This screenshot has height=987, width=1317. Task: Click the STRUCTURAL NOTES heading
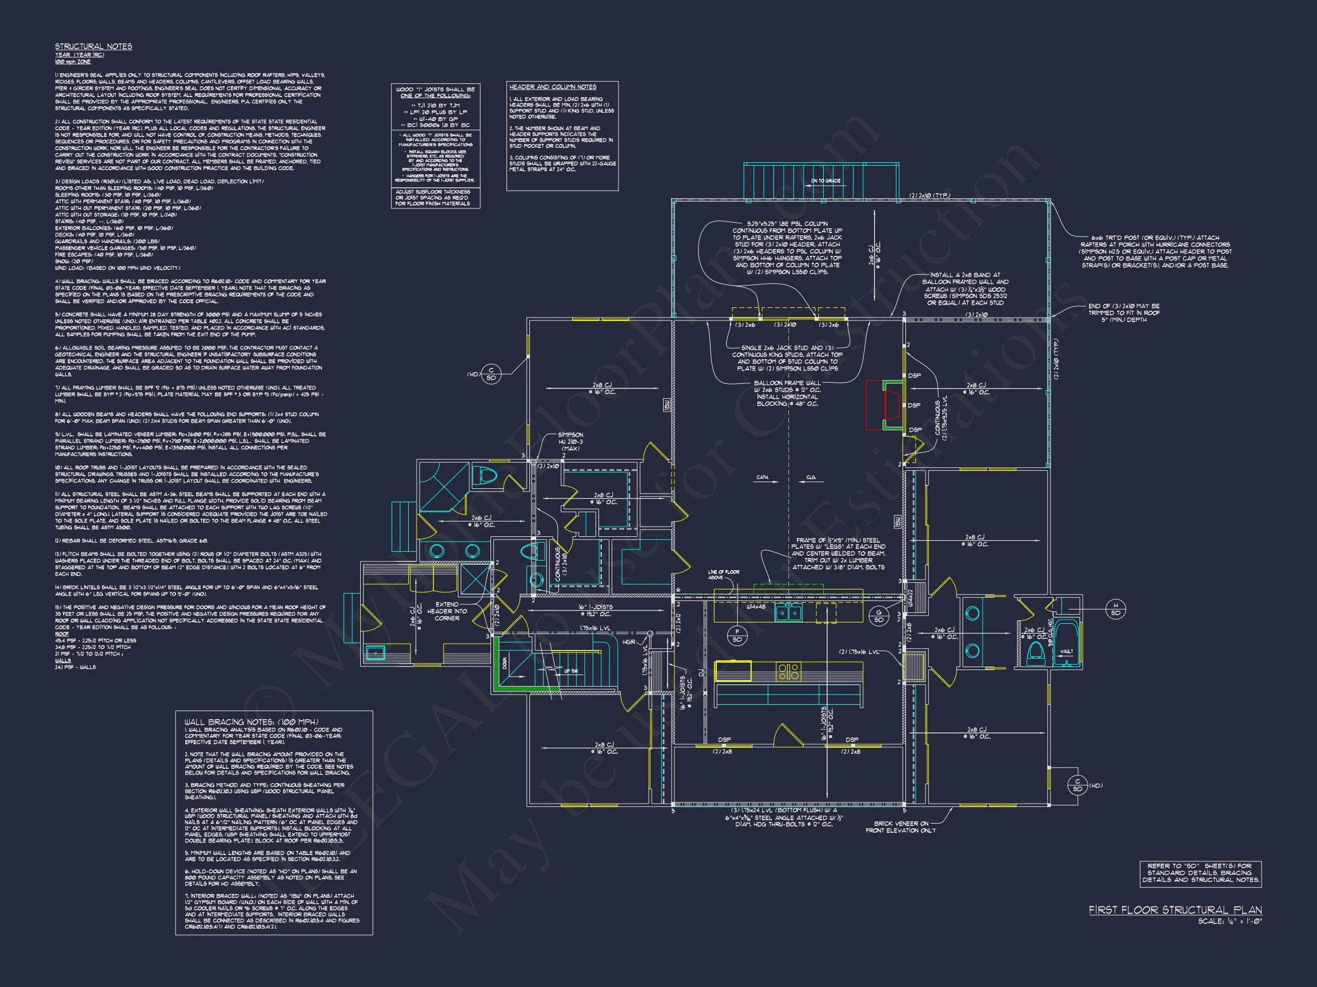pos(94,46)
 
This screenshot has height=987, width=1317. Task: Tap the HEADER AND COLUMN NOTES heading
pos(553,87)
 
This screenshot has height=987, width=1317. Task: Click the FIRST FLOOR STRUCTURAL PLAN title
pos(1175,910)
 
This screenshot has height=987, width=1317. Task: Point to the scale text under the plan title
pos(1230,921)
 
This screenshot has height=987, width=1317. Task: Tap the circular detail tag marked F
pos(737,635)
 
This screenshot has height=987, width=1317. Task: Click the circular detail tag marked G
pos(878,616)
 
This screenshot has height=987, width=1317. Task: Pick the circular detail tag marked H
pos(1115,609)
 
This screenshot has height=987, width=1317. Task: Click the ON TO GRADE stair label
pos(825,180)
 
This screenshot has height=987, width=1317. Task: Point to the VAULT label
pos(1065,652)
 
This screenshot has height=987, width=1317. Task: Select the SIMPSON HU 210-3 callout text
pos(570,442)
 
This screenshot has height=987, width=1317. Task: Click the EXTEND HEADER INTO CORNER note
pos(446,611)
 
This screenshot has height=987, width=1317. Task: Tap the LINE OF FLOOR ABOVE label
pos(724,574)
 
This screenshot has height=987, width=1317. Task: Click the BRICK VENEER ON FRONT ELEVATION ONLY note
pos(900,827)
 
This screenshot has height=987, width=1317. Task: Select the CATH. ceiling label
pos(763,477)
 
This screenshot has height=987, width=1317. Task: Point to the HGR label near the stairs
pos(629,641)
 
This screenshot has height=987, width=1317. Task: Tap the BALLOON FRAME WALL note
pos(787,393)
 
